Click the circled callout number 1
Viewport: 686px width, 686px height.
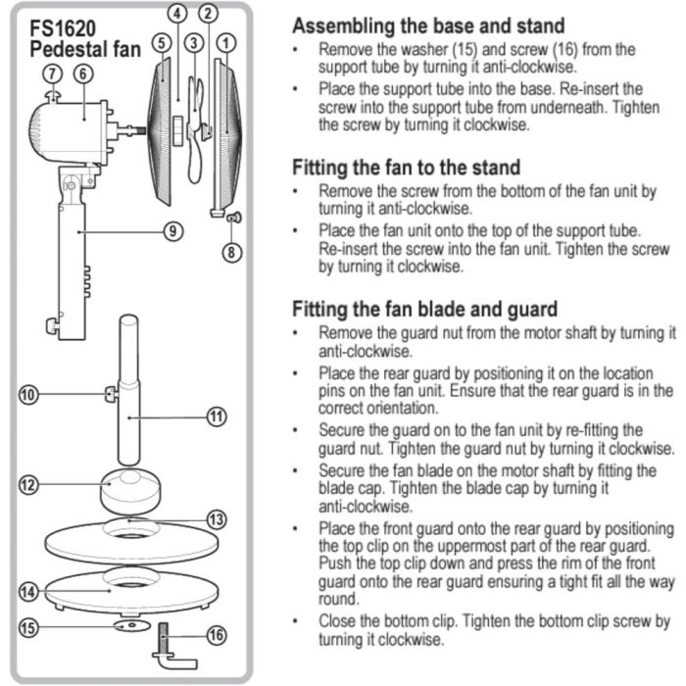(226, 42)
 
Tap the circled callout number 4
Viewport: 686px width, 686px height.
(177, 14)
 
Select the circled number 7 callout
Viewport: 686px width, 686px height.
(52, 73)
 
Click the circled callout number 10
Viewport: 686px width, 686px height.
(28, 395)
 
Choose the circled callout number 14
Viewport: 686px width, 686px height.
(28, 591)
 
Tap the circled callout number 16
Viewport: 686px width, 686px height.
(218, 635)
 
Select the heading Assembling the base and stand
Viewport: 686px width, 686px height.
(428, 25)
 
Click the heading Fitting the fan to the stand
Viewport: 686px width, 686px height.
(406, 168)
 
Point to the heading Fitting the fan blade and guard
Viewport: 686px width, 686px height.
(425, 309)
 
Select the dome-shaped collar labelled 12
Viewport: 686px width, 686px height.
(128, 487)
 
